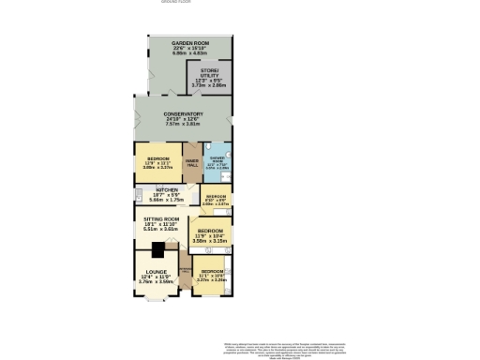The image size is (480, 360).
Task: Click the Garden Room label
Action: click(183, 44)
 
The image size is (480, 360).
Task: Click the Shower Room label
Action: click(217, 159)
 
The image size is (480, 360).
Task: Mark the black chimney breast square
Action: click(159, 249)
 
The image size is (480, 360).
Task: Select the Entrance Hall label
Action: click(185, 275)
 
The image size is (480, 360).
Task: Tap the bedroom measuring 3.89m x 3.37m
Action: click(157, 163)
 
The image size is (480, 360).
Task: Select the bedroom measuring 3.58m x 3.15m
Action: click(209, 234)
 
